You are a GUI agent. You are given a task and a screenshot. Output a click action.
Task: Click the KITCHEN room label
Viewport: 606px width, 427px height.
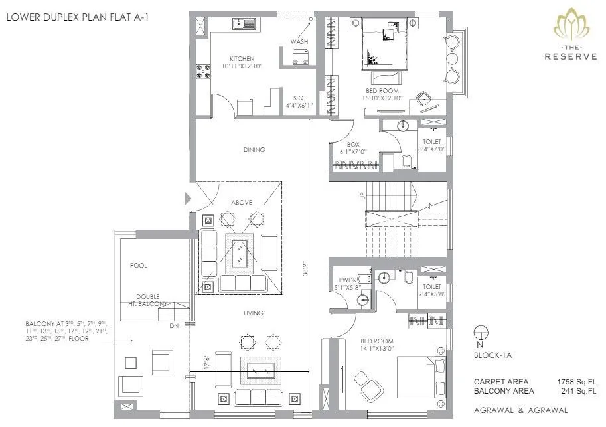click(x=242, y=59)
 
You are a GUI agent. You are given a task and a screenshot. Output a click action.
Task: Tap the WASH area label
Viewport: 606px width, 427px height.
click(x=299, y=42)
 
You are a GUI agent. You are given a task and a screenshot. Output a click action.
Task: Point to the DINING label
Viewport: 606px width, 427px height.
click(x=254, y=150)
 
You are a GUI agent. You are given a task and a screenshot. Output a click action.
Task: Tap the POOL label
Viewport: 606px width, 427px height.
click(x=139, y=265)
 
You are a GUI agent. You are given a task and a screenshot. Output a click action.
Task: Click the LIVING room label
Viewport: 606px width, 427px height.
click(x=253, y=313)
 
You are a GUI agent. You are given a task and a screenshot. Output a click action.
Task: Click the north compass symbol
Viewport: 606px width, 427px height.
click(x=482, y=333)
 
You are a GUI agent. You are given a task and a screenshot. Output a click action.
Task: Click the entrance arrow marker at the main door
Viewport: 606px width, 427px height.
click(x=188, y=197)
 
